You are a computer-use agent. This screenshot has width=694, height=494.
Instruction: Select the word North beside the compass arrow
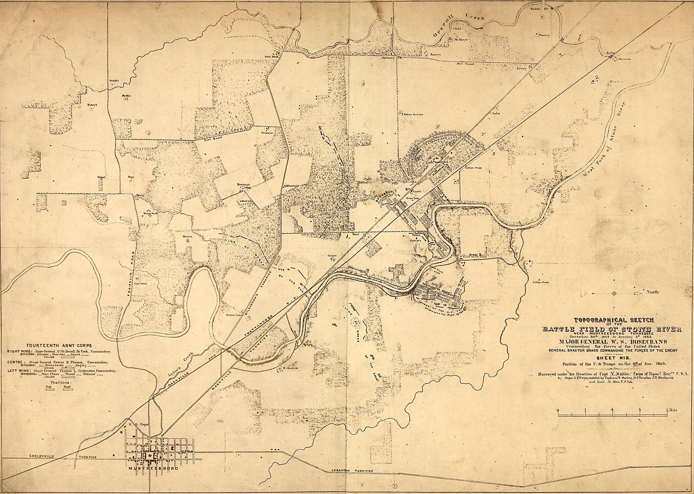(652, 292)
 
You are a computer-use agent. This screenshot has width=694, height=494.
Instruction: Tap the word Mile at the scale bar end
(673, 410)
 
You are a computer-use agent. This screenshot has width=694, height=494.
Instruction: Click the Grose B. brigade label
(475, 254)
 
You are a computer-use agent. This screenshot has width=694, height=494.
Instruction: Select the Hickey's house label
(92, 105)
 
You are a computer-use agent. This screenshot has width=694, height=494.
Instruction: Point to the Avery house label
(522, 68)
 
